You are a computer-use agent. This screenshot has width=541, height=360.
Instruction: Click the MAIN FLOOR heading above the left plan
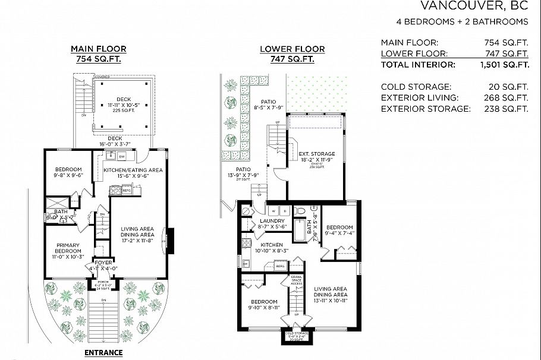coord(99,49)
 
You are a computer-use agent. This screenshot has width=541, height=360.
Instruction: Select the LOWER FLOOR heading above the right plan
coord(292,49)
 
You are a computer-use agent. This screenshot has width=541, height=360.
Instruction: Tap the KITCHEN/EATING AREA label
coord(133,170)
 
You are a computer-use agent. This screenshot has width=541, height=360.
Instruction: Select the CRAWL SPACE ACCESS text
coord(295,280)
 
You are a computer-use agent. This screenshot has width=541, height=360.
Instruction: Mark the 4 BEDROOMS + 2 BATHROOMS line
coord(462,22)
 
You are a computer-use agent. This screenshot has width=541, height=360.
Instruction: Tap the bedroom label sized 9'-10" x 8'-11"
coord(264,305)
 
